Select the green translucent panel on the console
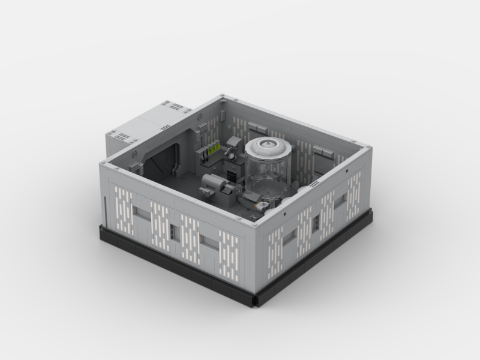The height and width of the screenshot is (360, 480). coord(212,151)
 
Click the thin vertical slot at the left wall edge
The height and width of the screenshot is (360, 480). coord(105,210)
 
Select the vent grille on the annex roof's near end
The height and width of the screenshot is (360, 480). coord(123,137)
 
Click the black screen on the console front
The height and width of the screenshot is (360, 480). coord(232,173)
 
